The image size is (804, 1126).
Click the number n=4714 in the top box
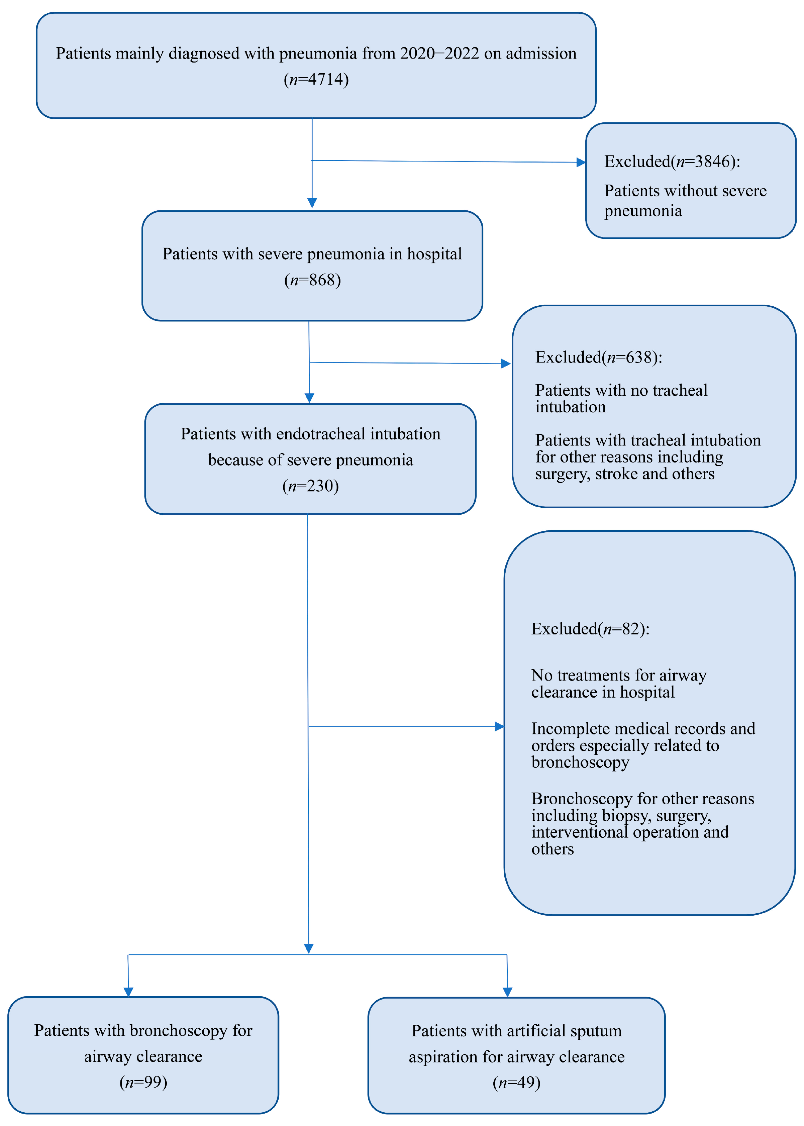(316, 79)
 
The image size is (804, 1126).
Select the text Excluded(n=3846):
(672, 161)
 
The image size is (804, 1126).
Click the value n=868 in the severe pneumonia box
(312, 280)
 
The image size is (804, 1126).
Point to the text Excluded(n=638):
(599, 357)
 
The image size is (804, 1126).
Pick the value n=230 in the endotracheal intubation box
(310, 486)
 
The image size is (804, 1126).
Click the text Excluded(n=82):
(590, 629)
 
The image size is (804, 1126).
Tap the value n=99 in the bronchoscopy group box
(143, 1083)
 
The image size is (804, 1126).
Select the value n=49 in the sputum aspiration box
(516, 1083)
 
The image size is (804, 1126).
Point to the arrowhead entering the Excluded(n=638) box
(505, 364)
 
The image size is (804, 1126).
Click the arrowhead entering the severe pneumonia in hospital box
(312, 203)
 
